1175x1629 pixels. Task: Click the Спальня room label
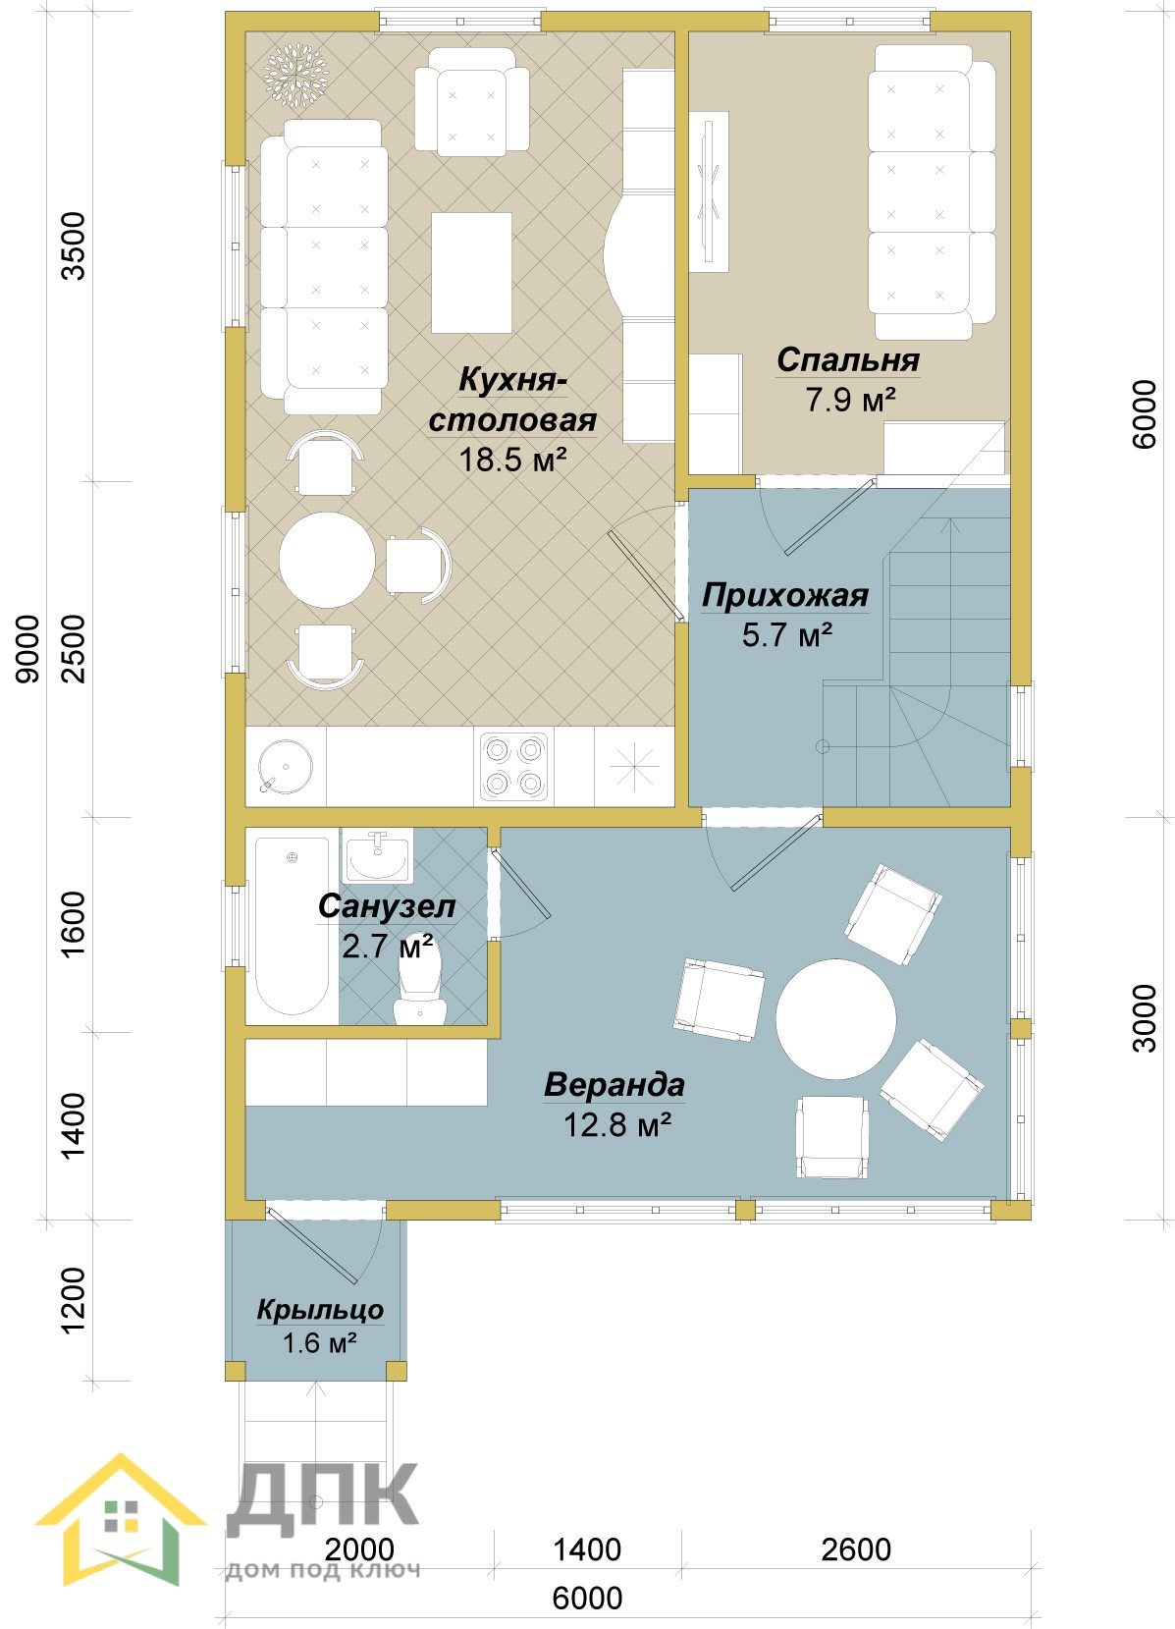tap(848, 360)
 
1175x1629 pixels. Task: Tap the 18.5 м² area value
tap(512, 460)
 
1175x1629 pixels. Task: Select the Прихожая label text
tap(785, 596)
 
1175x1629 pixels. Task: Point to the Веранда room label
tap(614, 1084)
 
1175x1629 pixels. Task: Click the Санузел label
tap(387, 906)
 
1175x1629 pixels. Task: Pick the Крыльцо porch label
tap(320, 1310)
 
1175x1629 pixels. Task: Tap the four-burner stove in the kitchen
tap(513, 767)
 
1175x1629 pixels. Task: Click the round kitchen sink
tap(286, 767)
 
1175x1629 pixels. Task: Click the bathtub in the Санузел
tap(293, 925)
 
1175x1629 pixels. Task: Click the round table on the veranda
tap(835, 1018)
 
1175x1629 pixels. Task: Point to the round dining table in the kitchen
tap(327, 560)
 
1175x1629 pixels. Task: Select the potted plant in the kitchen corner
tap(295, 75)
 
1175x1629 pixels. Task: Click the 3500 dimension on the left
tap(74, 245)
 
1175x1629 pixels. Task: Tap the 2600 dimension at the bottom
tap(856, 1549)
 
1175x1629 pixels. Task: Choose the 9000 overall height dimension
tap(27, 649)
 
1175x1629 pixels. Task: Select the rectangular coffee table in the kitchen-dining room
tap(472, 273)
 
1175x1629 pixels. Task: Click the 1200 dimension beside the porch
tap(74, 1300)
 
